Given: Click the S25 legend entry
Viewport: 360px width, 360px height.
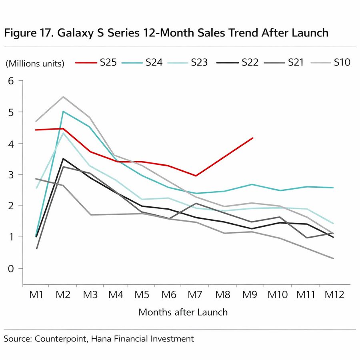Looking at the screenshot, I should (x=96, y=62).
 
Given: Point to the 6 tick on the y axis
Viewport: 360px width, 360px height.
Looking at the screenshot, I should (x=11, y=81).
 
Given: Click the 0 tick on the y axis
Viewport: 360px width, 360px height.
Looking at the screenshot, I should (x=11, y=268).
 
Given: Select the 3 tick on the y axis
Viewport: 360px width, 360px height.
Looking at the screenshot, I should (x=11, y=174).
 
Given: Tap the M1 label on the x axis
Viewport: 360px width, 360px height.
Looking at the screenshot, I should (x=36, y=295).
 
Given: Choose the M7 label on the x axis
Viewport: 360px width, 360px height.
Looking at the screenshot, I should (x=196, y=295).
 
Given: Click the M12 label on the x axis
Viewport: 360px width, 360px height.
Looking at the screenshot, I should (x=334, y=295).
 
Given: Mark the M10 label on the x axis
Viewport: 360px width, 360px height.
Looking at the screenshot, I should (x=278, y=295).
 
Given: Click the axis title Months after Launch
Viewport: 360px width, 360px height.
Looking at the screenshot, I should (x=183, y=312).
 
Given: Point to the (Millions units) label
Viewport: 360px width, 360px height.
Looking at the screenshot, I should (x=35, y=63).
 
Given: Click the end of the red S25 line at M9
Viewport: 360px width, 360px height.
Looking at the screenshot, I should (x=253, y=138).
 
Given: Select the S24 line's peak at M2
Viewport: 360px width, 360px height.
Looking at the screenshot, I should (x=63, y=112).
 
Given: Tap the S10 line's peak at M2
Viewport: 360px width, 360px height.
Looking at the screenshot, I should (x=63, y=97).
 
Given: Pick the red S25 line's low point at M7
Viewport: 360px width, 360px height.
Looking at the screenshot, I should (x=196, y=176).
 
